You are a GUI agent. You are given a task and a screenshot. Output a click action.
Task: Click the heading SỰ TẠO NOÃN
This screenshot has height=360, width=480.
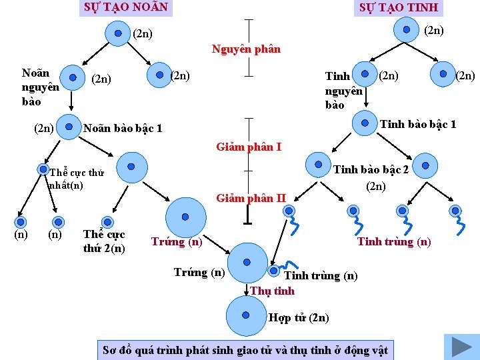tap(125, 7)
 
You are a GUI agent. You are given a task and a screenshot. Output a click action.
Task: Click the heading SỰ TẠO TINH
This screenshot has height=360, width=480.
tap(398, 7)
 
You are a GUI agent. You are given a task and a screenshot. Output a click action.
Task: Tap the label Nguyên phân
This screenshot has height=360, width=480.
tap(246, 49)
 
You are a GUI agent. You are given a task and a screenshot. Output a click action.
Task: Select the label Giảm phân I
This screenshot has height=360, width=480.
tap(249, 147)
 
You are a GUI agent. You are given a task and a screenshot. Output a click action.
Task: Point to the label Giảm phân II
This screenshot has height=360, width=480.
tap(251, 197)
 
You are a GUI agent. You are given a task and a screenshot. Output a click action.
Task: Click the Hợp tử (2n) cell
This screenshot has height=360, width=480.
tap(246, 315)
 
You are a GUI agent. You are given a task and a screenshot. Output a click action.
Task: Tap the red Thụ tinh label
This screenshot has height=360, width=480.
tap(272, 291)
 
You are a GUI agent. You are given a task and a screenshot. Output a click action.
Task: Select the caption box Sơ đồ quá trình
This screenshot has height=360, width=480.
tap(245, 350)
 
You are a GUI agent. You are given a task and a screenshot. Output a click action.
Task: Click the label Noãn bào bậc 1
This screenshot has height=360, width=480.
tap(121, 128)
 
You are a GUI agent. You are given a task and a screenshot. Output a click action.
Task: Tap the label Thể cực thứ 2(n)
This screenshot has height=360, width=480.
tap(104, 242)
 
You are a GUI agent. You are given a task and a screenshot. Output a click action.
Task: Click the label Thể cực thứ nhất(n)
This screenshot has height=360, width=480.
tap(76, 179)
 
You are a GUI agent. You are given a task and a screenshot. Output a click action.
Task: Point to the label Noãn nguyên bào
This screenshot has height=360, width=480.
tap(41, 87)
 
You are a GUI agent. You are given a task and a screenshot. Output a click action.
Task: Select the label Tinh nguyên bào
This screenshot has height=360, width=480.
tap(343, 90)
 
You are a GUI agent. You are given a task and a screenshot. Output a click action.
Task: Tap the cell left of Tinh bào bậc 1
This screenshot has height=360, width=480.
tap(365, 122)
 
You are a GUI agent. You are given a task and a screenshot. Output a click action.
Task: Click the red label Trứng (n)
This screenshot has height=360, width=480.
tap(177, 241)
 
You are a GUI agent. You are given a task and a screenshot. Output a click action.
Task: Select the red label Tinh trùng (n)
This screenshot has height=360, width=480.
tap(394, 241)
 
